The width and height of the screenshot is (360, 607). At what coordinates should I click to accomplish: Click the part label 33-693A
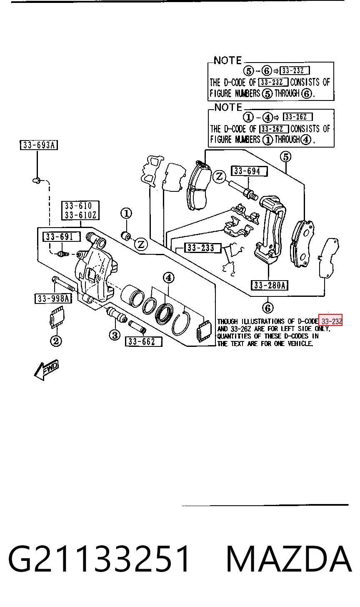pyautogui.click(x=39, y=145)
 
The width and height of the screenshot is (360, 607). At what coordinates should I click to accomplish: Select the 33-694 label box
pyautogui.click(x=249, y=171)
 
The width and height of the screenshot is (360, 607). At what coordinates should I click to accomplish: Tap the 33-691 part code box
pyautogui.click(x=62, y=237)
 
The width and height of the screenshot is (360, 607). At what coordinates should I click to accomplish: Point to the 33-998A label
pyautogui.click(x=53, y=298)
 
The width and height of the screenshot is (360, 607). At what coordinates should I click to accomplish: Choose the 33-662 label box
pyautogui.click(x=144, y=341)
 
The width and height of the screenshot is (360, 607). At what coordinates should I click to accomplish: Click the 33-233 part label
pyautogui.click(x=202, y=248)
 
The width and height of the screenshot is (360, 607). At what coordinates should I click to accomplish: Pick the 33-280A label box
pyautogui.click(x=270, y=285)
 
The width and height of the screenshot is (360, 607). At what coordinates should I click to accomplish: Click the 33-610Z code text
pyautogui.click(x=80, y=215)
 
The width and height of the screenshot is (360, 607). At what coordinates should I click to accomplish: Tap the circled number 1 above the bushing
pyautogui.click(x=126, y=214)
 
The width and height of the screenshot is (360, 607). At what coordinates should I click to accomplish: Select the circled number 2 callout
pyautogui.click(x=56, y=341)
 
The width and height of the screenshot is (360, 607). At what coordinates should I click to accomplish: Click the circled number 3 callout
pyautogui.click(x=115, y=336)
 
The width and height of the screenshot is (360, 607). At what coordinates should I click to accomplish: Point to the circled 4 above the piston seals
pyautogui.click(x=168, y=278)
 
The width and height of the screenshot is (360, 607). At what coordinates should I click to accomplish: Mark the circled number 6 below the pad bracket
pyautogui.click(x=267, y=308)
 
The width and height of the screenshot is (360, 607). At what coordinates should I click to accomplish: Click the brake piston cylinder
pyautogui.click(x=131, y=296)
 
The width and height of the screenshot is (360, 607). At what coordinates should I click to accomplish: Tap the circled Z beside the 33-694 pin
pyautogui.click(x=219, y=177)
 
